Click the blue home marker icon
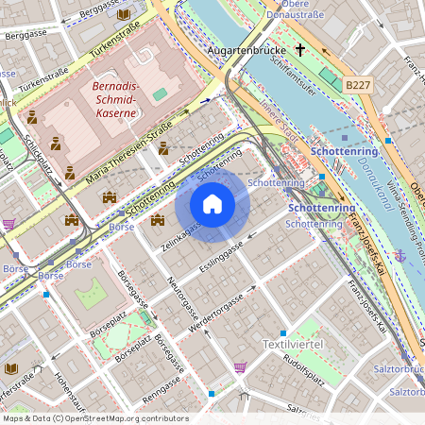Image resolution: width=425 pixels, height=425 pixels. click(x=212, y=204)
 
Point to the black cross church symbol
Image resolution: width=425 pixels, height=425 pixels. click(x=300, y=49)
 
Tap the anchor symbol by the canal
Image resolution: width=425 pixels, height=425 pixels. click(x=400, y=255)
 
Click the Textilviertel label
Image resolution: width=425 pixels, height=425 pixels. click(x=292, y=344)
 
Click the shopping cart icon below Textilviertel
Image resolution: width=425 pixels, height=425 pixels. click(x=241, y=367)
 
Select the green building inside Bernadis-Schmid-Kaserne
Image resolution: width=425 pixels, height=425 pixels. click(x=160, y=94)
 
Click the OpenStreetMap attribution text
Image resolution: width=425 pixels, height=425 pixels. click(x=94, y=418)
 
